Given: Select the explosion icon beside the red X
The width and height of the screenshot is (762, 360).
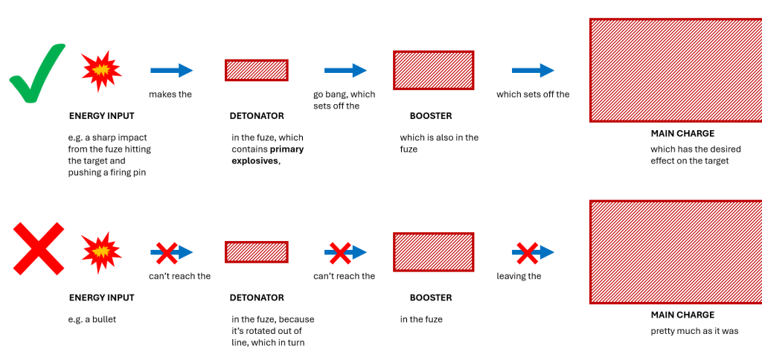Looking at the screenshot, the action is [101, 252].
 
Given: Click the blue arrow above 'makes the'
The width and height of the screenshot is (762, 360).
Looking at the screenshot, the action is [171, 71].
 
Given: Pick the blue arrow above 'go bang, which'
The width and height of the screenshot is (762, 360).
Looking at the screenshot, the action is [345, 71].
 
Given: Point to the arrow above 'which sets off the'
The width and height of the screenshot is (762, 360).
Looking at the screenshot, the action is [533, 71].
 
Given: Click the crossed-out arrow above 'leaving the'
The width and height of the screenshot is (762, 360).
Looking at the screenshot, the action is [533, 252].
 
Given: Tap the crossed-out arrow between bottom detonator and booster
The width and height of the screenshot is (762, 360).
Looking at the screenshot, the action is [345, 252].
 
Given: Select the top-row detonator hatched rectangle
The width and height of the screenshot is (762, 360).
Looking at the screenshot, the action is [257, 70].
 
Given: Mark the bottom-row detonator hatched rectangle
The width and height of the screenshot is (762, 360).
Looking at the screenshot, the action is [257, 252].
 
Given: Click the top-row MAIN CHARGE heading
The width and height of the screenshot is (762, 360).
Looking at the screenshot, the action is [682, 134].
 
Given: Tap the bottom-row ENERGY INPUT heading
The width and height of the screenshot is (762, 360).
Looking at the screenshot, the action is [102, 298].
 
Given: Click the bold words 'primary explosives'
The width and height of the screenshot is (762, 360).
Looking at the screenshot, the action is [267, 155].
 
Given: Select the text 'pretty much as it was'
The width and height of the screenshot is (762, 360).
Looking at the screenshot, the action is [694, 331].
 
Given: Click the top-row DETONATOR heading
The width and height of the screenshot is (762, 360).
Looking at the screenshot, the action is [257, 116].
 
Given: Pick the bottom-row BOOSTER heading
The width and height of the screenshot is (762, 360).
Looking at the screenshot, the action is [431, 298].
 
